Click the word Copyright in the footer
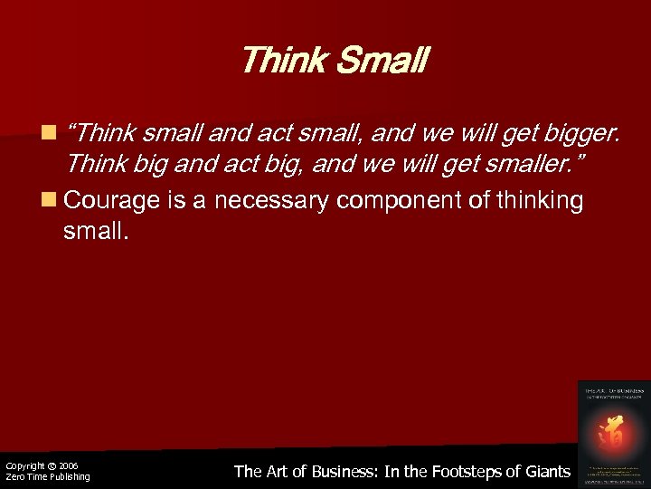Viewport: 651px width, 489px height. coord(24,465)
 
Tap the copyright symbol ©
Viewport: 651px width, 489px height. coord(52,465)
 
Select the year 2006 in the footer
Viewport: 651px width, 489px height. coord(70,465)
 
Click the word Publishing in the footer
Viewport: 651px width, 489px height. coord(69,477)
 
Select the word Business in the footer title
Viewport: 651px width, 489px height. coord(340,471)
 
